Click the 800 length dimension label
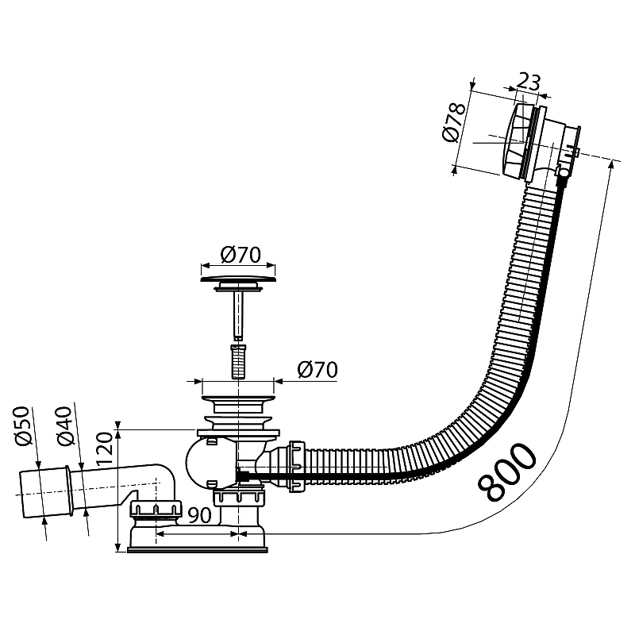pyautogui.click(x=507, y=471)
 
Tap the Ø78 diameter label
pyautogui.click(x=454, y=122)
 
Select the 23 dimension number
pyautogui.click(x=529, y=82)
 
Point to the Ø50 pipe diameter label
pyautogui.click(x=23, y=425)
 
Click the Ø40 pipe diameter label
pyautogui.click(x=65, y=426)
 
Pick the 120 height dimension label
pyautogui.click(x=104, y=450)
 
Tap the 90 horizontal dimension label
pyautogui.click(x=200, y=514)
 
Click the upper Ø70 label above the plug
pyautogui.click(x=241, y=255)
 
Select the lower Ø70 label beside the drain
pyautogui.click(x=317, y=370)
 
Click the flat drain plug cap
pyautogui.click(x=238, y=279)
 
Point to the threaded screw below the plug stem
pyautogui.click(x=238, y=361)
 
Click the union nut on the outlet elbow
pyautogui.click(x=155, y=509)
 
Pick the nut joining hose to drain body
pyautogui.click(x=295, y=467)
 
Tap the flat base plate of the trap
pyautogui.click(x=197, y=549)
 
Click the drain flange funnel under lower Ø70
pyautogui.click(x=238, y=404)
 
